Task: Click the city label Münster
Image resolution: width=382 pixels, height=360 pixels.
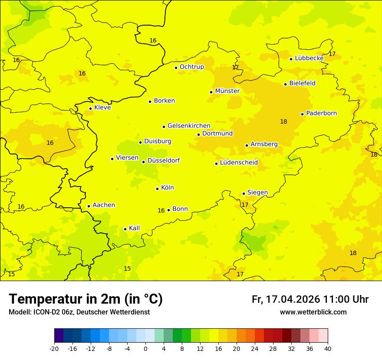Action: click(x=227, y=91)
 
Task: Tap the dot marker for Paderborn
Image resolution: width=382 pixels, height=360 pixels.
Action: click(x=303, y=114)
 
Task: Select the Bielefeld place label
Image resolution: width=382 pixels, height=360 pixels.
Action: click(x=302, y=83)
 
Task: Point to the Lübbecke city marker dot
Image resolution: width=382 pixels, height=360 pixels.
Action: click(x=291, y=59)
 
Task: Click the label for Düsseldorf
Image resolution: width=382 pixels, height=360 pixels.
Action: click(x=164, y=160)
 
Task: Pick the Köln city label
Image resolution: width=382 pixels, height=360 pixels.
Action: click(x=168, y=188)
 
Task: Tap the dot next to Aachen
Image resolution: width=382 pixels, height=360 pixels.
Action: click(x=89, y=206)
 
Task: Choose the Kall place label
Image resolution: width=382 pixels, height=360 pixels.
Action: click(x=135, y=228)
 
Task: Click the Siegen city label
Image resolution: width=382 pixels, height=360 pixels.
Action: click(x=257, y=193)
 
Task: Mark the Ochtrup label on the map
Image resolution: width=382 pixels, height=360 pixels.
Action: click(x=192, y=67)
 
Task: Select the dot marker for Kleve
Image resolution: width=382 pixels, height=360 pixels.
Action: click(x=90, y=108)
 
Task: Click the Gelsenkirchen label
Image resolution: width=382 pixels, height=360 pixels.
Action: click(x=189, y=126)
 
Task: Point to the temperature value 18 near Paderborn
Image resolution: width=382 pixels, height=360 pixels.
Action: click(x=283, y=122)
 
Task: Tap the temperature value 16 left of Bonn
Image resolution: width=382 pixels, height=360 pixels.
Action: click(x=161, y=211)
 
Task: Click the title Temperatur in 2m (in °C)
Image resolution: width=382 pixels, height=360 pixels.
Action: click(x=86, y=299)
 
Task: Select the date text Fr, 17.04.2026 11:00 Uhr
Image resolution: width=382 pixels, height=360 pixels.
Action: click(x=310, y=299)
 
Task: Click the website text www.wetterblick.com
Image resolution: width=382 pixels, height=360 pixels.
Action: click(x=313, y=312)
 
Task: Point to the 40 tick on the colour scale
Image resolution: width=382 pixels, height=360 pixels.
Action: click(x=328, y=348)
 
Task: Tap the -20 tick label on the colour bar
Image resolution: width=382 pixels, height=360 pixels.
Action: click(x=54, y=348)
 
